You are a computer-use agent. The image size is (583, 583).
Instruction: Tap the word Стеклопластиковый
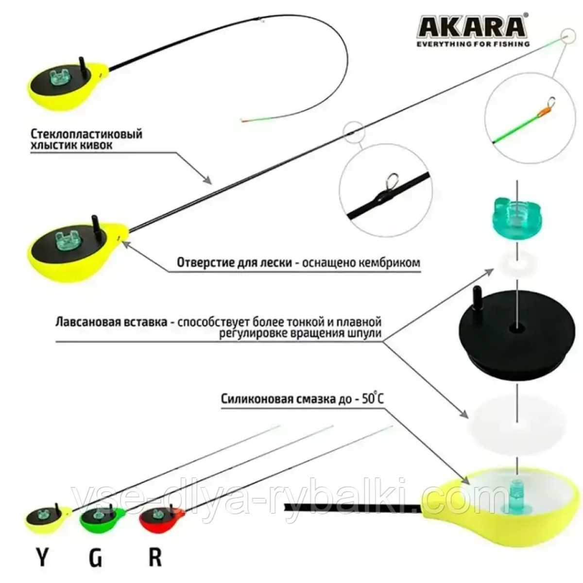pos(86,134)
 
